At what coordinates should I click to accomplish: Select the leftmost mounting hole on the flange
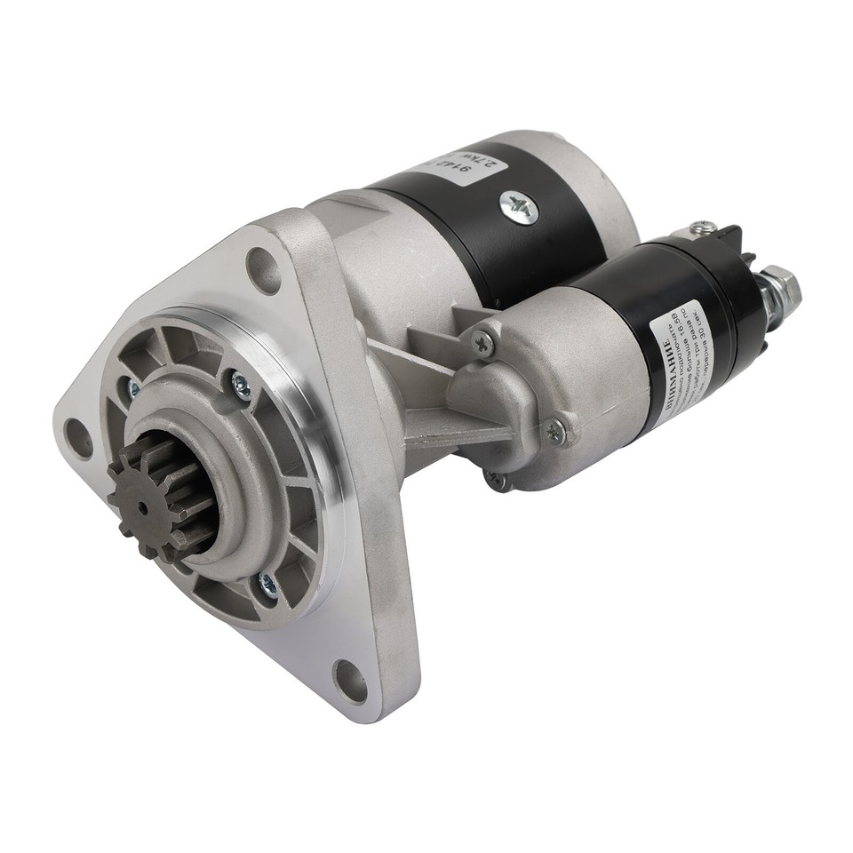(80, 437)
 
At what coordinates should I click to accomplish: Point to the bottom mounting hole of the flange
(349, 680)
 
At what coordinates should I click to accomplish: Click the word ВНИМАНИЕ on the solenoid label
(663, 373)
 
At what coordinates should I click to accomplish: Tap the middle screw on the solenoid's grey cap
(554, 433)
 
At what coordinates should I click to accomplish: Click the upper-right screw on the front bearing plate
(240, 384)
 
